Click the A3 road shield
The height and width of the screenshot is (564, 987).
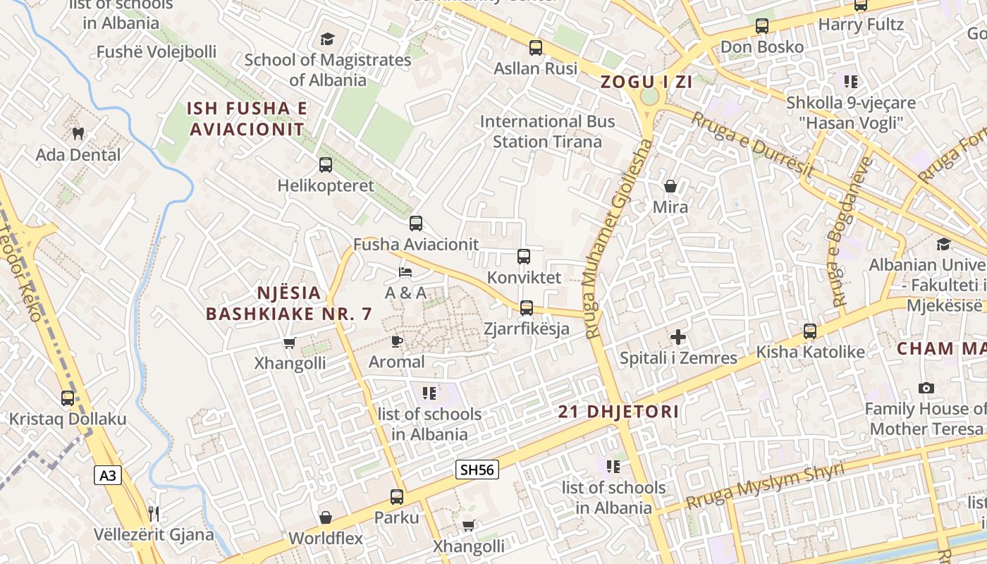click(x=107, y=475)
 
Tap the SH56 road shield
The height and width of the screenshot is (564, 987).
click(x=477, y=470)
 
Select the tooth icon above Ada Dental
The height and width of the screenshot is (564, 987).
click(x=78, y=133)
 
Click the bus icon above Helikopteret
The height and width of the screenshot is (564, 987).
click(x=325, y=165)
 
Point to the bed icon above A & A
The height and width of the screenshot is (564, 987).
click(x=405, y=271)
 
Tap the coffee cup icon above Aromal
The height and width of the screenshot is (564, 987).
click(x=397, y=341)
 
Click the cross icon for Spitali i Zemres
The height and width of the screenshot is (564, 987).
click(x=678, y=337)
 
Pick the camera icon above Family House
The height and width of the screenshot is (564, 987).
click(x=926, y=388)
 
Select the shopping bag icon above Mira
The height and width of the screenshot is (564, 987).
click(x=670, y=186)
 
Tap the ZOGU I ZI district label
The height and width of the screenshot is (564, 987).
click(x=646, y=82)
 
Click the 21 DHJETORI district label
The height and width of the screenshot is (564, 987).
click(x=618, y=412)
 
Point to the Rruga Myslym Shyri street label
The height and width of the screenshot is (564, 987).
click(x=765, y=486)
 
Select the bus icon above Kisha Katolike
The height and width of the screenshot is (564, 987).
click(x=810, y=331)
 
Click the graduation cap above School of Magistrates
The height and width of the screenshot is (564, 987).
click(x=327, y=39)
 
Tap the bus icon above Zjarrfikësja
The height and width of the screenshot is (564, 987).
click(x=527, y=307)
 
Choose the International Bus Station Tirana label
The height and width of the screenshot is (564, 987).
click(x=547, y=131)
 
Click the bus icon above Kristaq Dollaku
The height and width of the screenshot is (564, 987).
click(x=68, y=398)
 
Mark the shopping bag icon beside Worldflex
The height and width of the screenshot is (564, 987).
click(x=325, y=518)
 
